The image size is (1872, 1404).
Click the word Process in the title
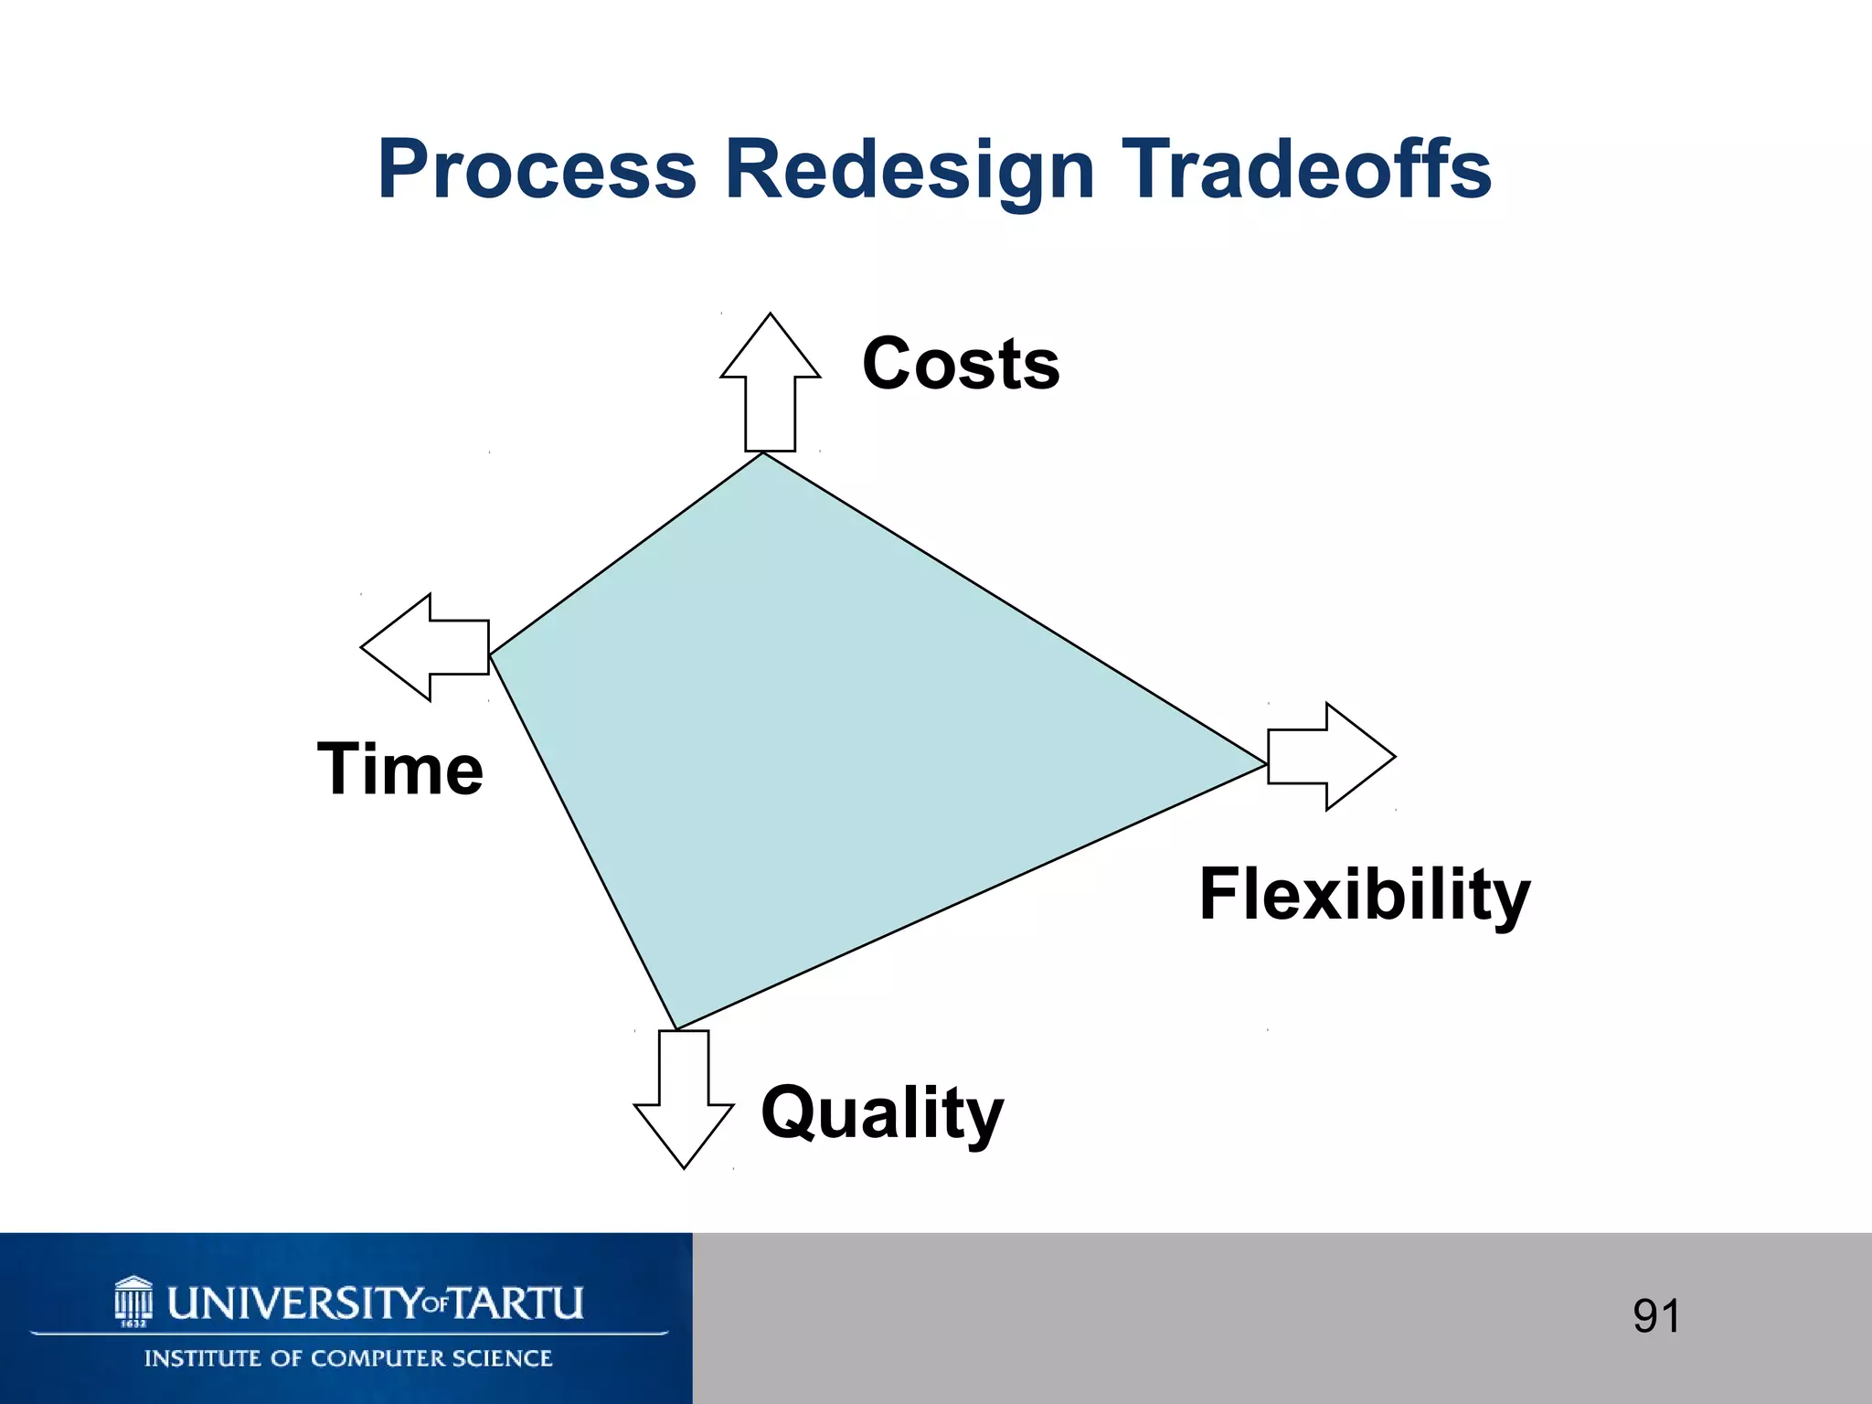click(537, 170)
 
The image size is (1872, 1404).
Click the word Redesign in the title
click(909, 170)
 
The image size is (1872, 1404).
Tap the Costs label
click(961, 364)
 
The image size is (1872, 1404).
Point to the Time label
click(400, 770)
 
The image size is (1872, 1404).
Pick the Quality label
click(882, 1112)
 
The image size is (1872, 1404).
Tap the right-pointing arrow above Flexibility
click(1331, 756)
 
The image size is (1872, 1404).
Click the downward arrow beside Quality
click(684, 1097)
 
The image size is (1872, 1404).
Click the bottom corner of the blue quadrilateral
click(675, 1027)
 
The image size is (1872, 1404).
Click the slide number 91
click(1656, 1316)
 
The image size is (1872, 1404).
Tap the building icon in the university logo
click(133, 1301)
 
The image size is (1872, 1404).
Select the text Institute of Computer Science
click(348, 1358)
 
